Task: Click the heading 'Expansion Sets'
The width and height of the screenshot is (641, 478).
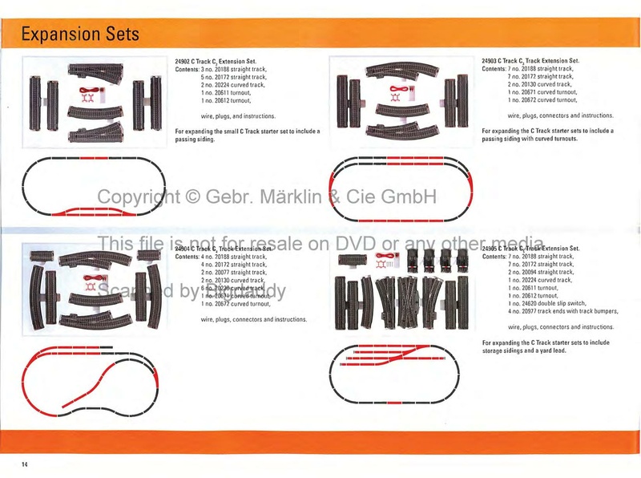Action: [80, 34]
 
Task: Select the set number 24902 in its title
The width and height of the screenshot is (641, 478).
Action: [185, 61]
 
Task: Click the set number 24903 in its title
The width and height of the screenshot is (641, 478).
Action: [492, 61]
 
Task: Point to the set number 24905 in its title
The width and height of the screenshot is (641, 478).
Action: [493, 249]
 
